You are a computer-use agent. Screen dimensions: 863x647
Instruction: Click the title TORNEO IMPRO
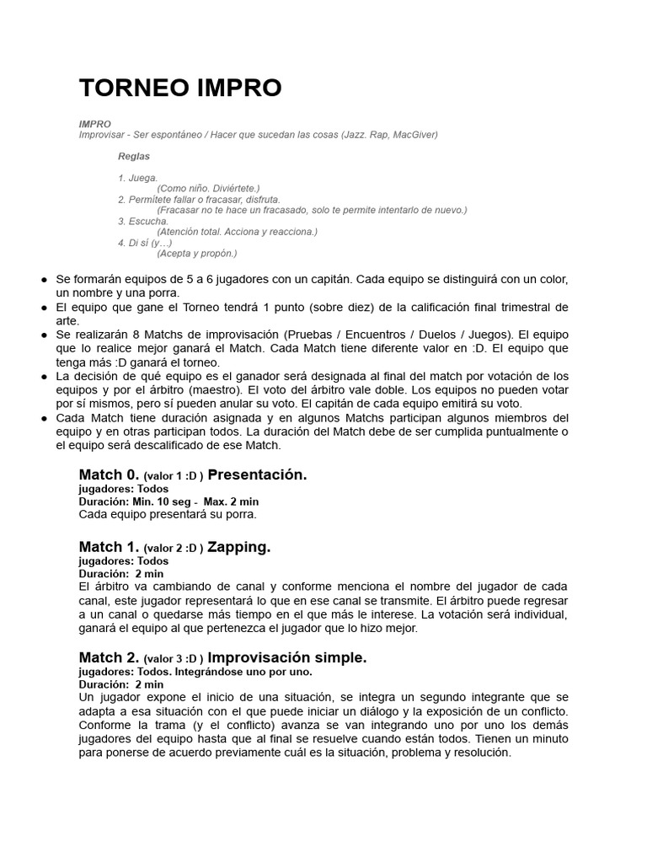pos(180,88)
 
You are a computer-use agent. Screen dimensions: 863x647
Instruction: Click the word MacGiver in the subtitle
pos(414,135)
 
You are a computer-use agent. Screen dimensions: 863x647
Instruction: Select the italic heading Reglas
pos(134,157)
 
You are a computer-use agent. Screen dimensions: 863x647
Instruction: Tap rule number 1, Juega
pos(138,178)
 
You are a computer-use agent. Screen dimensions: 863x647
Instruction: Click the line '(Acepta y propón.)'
pos(197,253)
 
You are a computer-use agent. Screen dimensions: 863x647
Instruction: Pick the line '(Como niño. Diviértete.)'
pos(208,189)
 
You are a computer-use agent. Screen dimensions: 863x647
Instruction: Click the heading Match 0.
pos(109,475)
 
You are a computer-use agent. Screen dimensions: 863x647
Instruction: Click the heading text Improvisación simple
pos(287,658)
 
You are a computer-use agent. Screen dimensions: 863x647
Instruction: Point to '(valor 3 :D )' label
pos(174,659)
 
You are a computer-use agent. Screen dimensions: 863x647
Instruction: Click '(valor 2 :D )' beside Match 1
pos(174,549)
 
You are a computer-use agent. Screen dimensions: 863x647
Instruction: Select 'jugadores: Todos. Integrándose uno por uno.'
pos(195,672)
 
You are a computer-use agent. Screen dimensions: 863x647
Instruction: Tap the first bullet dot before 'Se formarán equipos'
pos(43,280)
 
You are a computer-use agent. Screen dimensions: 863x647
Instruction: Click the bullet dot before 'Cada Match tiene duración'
pos(43,419)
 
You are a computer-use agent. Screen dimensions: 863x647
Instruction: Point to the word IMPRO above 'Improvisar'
pos(95,124)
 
